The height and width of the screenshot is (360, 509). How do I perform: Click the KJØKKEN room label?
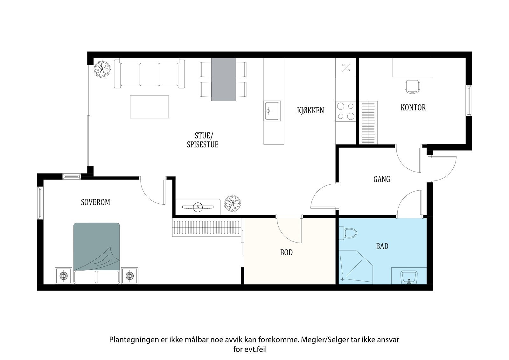coord(310,110)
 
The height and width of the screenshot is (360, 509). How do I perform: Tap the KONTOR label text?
coord(413,108)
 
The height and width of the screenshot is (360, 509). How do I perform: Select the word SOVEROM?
coord(95,202)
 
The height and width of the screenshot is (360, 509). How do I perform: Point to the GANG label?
coord(382,179)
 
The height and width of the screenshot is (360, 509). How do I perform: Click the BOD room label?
coord(286,252)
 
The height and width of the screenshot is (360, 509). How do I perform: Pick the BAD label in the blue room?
coord(382,246)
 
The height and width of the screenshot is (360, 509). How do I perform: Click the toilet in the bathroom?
coord(348,233)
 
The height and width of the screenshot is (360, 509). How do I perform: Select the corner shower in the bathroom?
coord(356,267)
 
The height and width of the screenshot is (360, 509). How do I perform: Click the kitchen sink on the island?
coord(272,111)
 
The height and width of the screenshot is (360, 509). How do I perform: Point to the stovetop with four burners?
coord(345,111)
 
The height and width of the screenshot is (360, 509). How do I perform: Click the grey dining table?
coord(223,79)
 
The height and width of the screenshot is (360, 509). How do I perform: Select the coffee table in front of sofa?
coord(149,107)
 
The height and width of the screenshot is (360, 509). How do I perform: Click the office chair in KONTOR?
coord(412,87)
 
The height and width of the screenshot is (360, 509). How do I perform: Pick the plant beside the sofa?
coord(102,69)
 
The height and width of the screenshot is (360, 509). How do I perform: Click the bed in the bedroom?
coord(97,253)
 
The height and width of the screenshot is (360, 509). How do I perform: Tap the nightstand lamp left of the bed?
coord(64,276)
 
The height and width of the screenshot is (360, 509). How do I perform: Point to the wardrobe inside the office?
coord(368,123)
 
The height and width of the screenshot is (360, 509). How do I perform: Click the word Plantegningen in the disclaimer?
coord(134,340)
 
